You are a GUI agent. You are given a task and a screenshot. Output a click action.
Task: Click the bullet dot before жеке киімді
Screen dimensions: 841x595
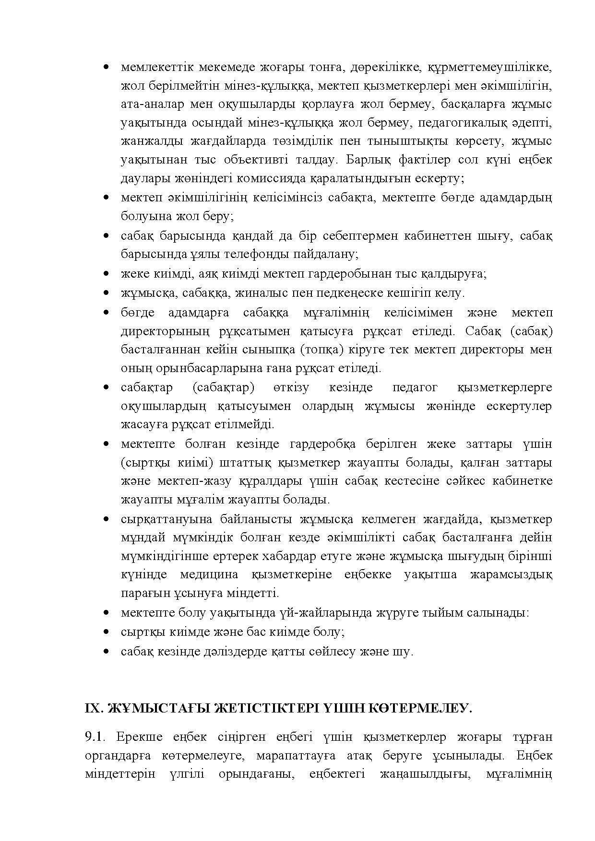point(107,274)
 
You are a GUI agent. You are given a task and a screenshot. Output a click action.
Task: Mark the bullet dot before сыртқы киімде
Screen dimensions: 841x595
point(107,632)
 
